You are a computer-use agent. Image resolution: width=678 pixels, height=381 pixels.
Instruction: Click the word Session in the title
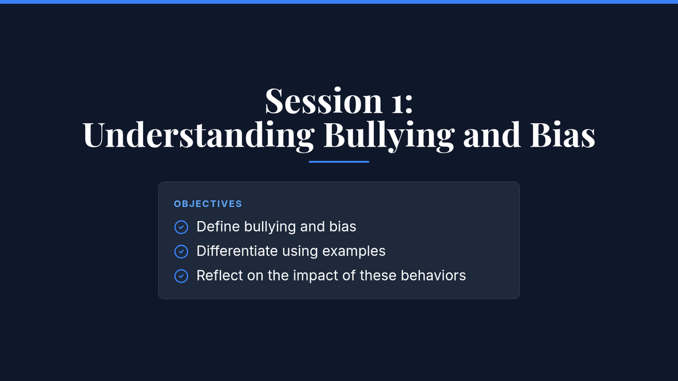click(324, 100)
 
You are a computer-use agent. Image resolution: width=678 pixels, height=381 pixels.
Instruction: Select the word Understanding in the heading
click(198, 134)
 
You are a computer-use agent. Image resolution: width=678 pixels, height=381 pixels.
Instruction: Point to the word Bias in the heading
click(563, 134)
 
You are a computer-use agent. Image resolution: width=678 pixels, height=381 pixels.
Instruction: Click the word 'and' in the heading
click(492, 134)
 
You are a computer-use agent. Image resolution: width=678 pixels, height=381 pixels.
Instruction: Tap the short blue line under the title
click(338, 162)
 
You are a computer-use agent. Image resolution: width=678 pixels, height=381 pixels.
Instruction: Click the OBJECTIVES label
click(208, 204)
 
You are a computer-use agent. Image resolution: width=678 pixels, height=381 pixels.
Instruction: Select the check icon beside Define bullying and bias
click(181, 227)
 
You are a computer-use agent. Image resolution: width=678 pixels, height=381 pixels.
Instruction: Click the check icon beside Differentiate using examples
click(181, 252)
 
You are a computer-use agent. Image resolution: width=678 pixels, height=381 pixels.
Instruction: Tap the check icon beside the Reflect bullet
click(181, 276)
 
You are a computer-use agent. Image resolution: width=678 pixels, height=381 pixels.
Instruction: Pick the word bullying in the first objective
click(270, 227)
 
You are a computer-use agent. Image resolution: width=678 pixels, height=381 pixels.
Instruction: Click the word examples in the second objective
click(354, 252)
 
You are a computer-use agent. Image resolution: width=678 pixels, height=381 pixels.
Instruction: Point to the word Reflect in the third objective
click(220, 275)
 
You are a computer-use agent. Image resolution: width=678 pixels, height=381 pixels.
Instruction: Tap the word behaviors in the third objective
click(433, 275)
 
